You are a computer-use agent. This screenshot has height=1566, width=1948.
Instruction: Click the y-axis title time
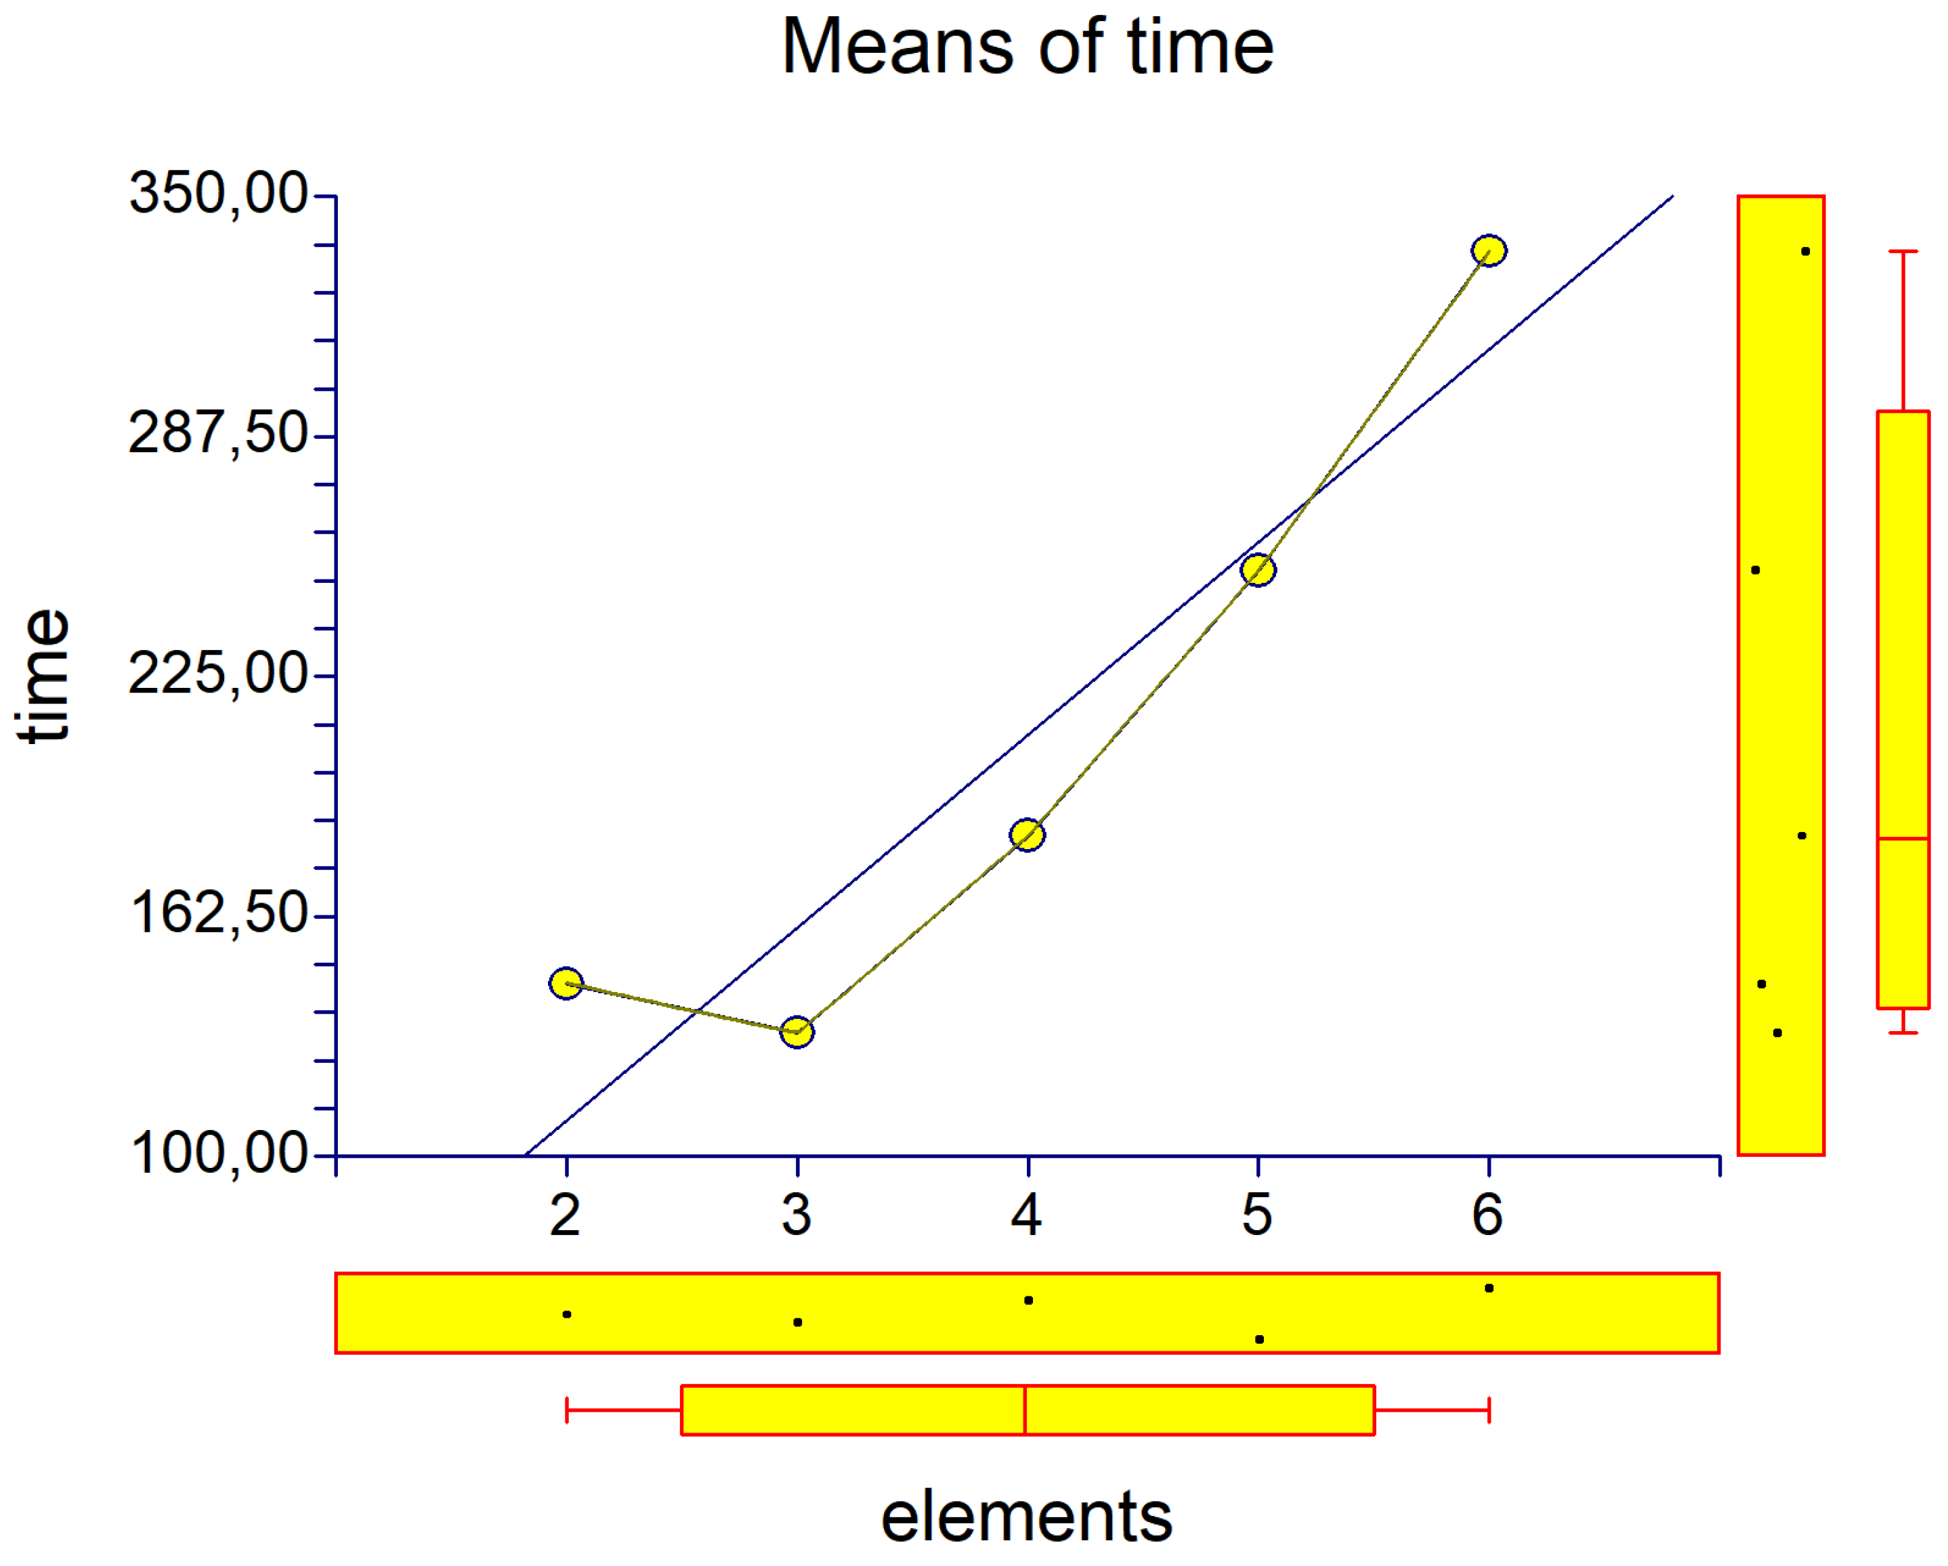43,676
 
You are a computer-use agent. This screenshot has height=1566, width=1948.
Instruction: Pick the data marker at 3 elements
797,1030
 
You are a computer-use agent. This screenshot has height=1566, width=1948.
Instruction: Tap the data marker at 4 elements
1028,835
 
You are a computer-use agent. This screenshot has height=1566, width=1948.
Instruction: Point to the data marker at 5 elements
1258,570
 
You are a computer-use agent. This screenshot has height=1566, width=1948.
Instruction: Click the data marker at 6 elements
1489,250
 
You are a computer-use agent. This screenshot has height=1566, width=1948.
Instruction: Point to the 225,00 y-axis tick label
219,674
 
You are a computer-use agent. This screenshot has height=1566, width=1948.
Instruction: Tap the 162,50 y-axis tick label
219,914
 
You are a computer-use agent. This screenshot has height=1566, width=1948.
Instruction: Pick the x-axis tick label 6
1488,1215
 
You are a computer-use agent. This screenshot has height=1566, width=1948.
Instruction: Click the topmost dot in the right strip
1805,251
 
